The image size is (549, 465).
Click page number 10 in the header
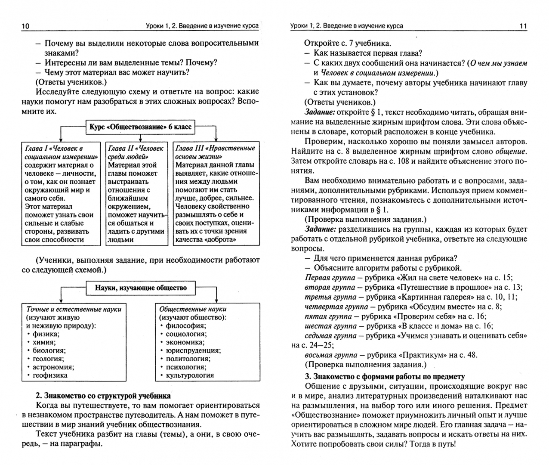(25, 26)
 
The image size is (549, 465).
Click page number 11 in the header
(523, 26)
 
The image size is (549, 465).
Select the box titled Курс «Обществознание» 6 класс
(140, 127)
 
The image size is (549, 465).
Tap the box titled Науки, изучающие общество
(141, 288)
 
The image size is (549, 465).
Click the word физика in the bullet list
(46, 334)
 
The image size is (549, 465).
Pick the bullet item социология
(186, 334)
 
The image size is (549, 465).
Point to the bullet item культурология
(190, 375)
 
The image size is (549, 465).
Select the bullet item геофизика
(50, 375)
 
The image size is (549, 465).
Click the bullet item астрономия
(53, 367)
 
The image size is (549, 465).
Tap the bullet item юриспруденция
(193, 350)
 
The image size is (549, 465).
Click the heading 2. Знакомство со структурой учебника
(103, 396)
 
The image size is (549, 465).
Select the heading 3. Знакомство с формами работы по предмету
(385, 376)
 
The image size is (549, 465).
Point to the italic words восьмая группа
(331, 355)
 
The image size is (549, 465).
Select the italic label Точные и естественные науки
(74, 309)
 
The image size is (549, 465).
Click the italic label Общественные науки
(193, 309)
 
